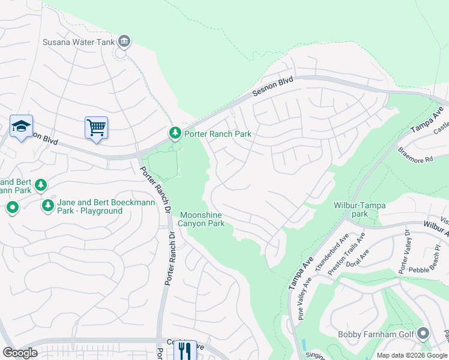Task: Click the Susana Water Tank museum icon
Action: coord(124,41)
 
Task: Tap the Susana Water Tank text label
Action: coord(78,42)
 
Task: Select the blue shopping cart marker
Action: coord(96,128)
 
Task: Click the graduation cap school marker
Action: coord(22,127)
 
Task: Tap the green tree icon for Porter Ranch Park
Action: coord(174,132)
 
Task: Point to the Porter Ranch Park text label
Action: coord(217,134)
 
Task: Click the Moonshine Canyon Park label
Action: coord(202,220)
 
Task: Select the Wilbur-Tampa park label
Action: coord(360,209)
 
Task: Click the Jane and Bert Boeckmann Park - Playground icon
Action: coord(47,206)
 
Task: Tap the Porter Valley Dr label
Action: coord(403,251)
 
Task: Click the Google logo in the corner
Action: coord(20,353)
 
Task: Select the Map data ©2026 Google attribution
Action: coord(412,355)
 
